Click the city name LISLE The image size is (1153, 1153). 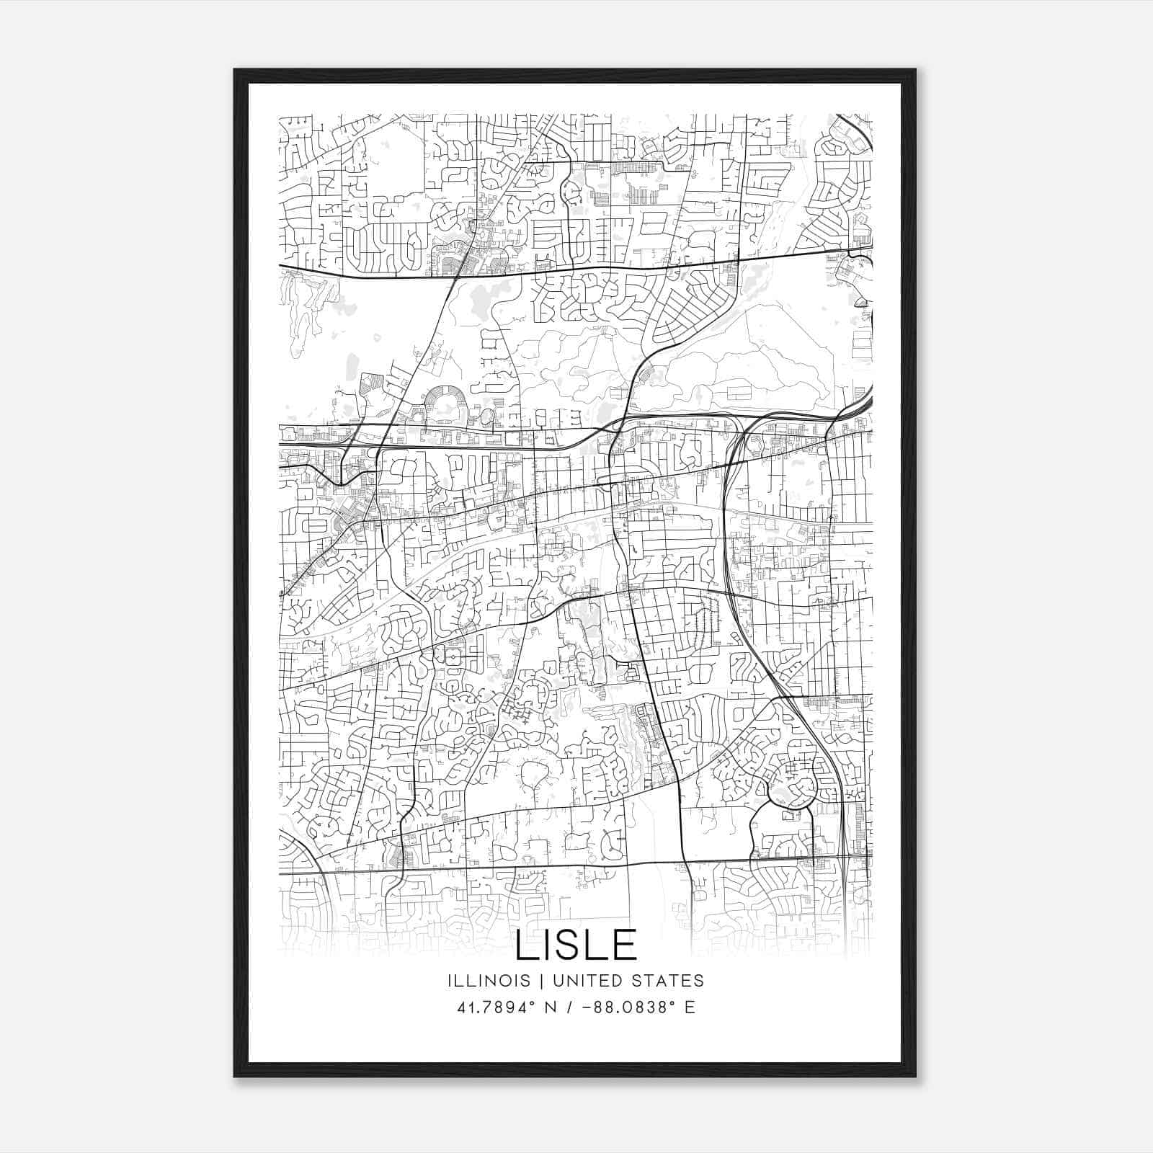pyautogui.click(x=576, y=945)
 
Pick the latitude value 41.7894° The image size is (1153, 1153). pyautogui.click(x=491, y=1007)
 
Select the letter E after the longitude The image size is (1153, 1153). pyautogui.click(x=690, y=1007)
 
